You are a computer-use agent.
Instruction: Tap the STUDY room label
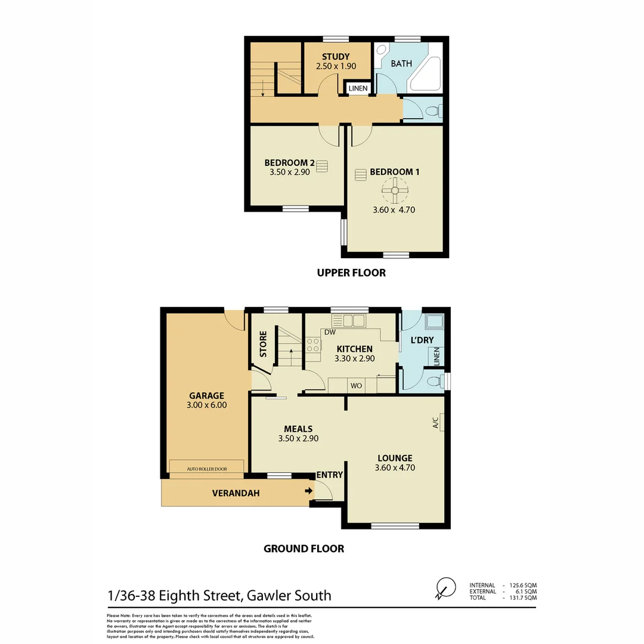(x=336, y=57)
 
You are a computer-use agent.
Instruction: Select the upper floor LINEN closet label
(x=358, y=89)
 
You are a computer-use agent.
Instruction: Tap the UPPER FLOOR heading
(x=351, y=273)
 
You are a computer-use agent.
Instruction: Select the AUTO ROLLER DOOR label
(x=207, y=469)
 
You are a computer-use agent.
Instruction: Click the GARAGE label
(x=206, y=395)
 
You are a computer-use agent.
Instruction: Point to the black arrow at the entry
(x=308, y=491)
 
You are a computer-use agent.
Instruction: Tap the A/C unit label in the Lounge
(x=435, y=423)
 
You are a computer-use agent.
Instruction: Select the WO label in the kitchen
(x=357, y=386)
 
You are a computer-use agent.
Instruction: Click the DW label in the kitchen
(x=330, y=333)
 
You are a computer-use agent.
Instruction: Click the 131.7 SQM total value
(x=525, y=597)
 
